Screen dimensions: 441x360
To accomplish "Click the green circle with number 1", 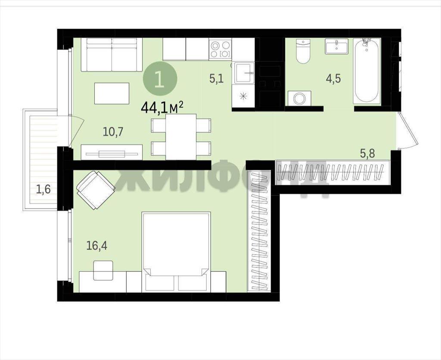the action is [x=160, y=79].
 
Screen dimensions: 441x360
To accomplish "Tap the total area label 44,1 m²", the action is [x=162, y=107].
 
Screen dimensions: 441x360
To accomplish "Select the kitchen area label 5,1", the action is [x=216, y=78].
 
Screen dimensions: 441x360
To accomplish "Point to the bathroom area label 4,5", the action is [x=333, y=78].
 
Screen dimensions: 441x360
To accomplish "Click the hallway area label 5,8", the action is [x=368, y=154].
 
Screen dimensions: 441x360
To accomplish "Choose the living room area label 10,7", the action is [x=113, y=131].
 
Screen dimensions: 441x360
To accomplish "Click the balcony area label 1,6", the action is [x=43, y=189].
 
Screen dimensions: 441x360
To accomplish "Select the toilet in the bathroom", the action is [x=303, y=51].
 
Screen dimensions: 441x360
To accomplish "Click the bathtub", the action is [x=367, y=71].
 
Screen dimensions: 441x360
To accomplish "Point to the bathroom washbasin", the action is [x=336, y=46].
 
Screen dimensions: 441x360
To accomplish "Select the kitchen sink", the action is [x=244, y=73].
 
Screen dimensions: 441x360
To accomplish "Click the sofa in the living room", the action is [x=112, y=55].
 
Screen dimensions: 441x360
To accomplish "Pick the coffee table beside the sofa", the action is [x=112, y=93].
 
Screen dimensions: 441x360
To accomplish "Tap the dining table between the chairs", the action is [x=181, y=137].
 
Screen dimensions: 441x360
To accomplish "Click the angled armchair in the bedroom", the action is [x=96, y=190].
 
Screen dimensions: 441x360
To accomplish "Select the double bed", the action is [x=176, y=252].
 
